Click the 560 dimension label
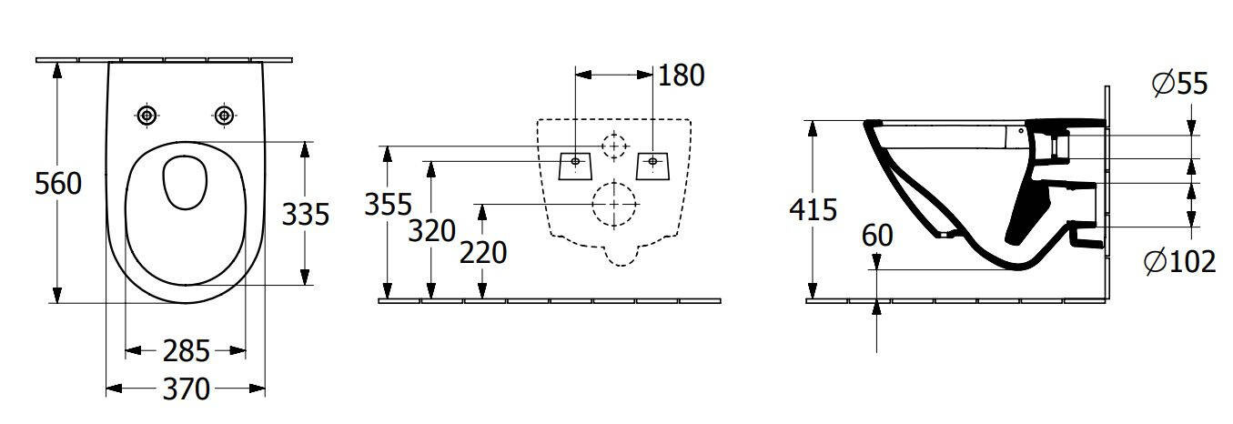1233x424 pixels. click(x=58, y=184)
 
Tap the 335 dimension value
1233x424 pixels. click(x=306, y=214)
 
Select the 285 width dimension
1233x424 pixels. click(x=186, y=351)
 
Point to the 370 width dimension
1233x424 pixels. click(x=186, y=389)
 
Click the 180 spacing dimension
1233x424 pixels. click(x=681, y=76)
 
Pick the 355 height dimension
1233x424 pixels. click(x=388, y=205)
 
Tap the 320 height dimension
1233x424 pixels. click(x=431, y=231)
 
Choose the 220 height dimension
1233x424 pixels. click(x=483, y=253)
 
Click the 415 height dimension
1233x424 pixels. click(x=813, y=210)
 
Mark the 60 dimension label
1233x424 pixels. click(x=877, y=236)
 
